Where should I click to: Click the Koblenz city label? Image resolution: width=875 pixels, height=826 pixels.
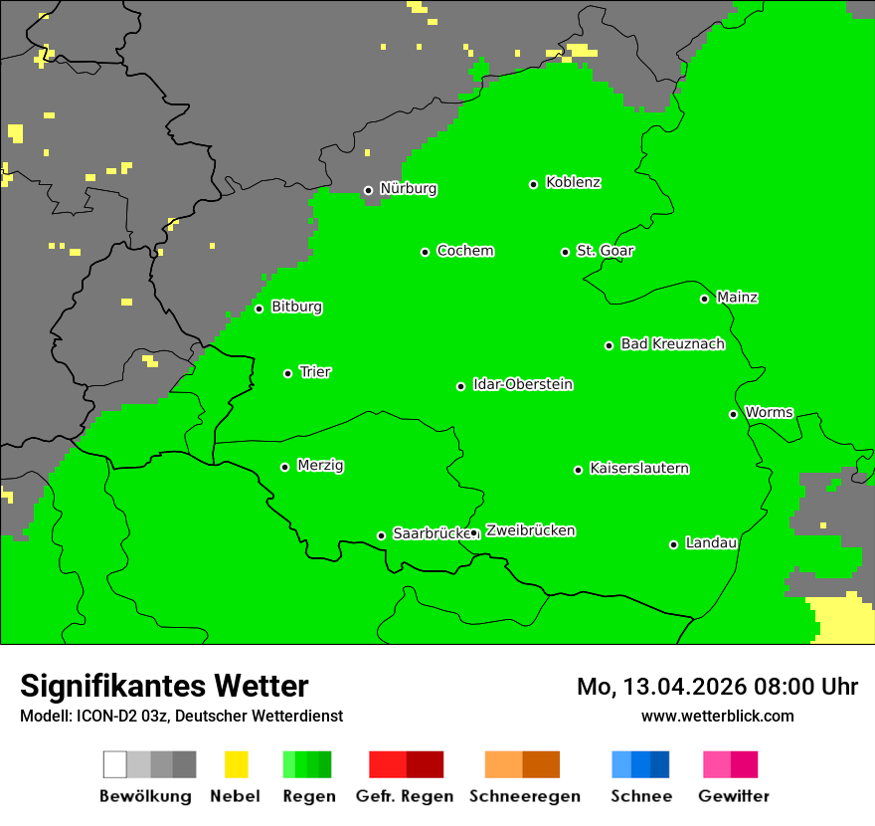coord(573,183)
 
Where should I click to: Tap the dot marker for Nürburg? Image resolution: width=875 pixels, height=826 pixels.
coord(368,190)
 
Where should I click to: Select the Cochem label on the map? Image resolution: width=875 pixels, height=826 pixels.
coord(465,251)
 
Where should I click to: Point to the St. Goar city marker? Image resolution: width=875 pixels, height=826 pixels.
coord(565,252)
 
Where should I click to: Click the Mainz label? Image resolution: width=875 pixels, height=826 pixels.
coord(737,298)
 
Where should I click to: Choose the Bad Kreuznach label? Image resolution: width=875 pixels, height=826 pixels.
coord(672,344)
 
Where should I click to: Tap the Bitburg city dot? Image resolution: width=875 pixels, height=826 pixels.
coord(259,309)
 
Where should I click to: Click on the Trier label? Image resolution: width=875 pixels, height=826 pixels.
coord(315,372)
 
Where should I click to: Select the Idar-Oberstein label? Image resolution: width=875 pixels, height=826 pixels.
coord(523,385)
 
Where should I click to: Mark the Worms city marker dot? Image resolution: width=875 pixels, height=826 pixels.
coord(733,414)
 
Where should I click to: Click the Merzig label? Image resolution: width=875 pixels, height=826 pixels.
coord(320,466)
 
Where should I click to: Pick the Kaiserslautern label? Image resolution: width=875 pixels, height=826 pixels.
coord(639,469)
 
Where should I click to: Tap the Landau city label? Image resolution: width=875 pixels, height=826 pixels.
coord(711,543)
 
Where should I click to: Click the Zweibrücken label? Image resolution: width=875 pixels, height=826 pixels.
coord(530,531)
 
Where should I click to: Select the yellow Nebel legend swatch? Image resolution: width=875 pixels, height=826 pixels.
coord(236,764)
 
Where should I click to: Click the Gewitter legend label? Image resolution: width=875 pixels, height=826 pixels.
coord(734,796)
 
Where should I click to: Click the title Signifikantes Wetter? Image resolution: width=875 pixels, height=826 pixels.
coord(164,687)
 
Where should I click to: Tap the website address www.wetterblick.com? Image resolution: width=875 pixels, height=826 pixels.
coord(717,717)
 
